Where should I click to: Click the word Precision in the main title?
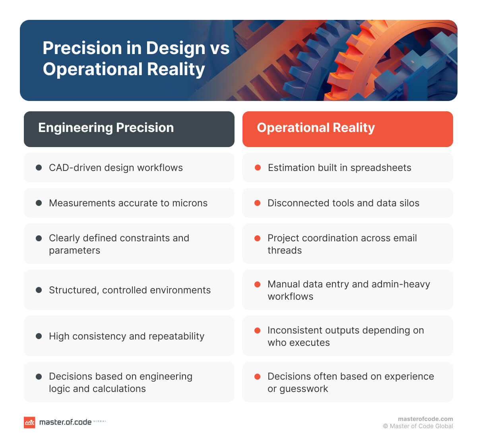pyautogui.click(x=81, y=48)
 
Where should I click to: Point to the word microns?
pyautogui.click(x=190, y=203)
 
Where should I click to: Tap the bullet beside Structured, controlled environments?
pyautogui.click(x=39, y=290)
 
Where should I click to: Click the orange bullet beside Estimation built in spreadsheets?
pyautogui.click(x=258, y=168)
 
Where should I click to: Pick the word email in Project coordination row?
pyautogui.click(x=405, y=238)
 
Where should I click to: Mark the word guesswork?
pyautogui.click(x=304, y=389)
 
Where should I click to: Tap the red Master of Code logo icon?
pyautogui.click(x=29, y=422)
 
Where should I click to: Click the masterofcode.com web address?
pyautogui.click(x=425, y=419)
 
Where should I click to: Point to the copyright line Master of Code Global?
pyautogui.click(x=418, y=426)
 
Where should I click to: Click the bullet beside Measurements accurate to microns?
pyautogui.click(x=39, y=203)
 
